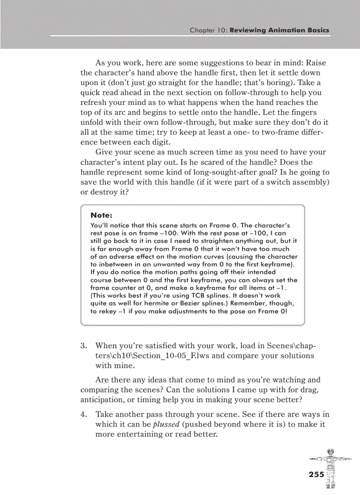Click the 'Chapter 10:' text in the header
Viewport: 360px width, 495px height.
208,30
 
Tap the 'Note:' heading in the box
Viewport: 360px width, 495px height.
101,215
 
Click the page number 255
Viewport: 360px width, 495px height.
316,474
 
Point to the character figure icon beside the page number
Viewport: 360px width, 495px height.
330,467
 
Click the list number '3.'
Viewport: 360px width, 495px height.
84,346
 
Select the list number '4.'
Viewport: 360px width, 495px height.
84,414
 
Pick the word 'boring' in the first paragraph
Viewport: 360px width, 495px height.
289,82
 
